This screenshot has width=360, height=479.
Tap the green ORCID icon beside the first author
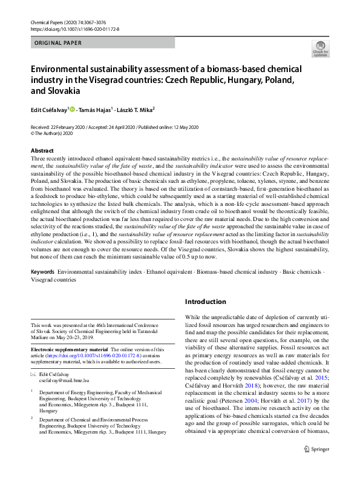tap(73, 110)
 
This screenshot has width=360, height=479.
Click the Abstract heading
tap(42, 150)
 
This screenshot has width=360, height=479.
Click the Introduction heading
tap(205, 302)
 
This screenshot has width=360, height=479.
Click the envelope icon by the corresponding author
tap(33, 375)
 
